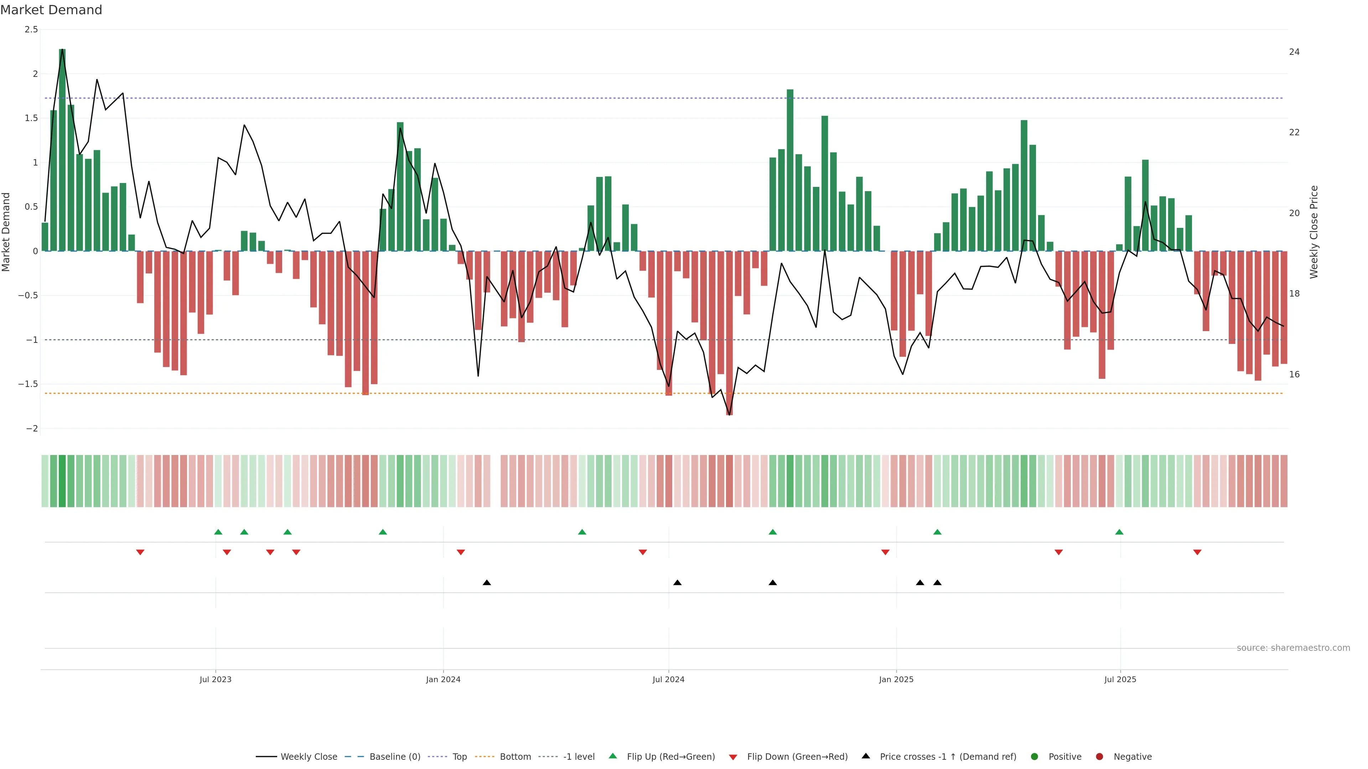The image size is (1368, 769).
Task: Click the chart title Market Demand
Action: [x=51, y=10]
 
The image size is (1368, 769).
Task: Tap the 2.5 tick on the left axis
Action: [x=31, y=30]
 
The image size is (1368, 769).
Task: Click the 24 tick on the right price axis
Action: [x=1294, y=52]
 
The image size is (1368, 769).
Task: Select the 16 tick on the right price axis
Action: [x=1294, y=375]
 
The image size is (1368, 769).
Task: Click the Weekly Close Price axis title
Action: [x=1314, y=232]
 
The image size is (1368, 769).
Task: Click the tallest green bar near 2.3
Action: [x=62, y=148]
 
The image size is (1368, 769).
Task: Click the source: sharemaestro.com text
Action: [x=1293, y=648]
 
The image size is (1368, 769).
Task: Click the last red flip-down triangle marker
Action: [x=1197, y=553]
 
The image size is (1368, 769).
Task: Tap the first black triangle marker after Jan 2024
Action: [x=486, y=583]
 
